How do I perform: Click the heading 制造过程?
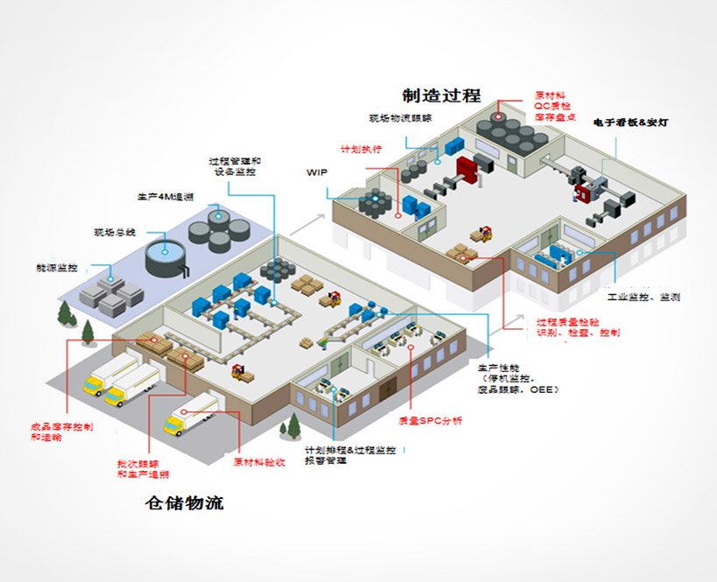441,95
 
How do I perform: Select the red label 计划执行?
361,149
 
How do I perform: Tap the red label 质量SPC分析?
430,421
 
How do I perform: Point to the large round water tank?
167,256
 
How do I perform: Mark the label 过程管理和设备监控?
235,166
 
